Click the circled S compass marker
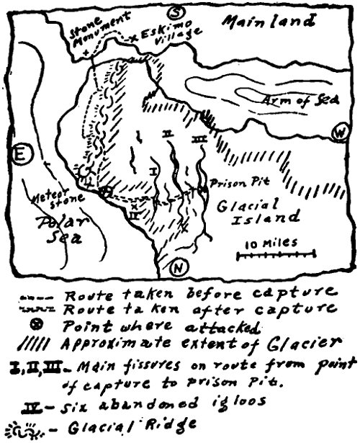point(174,13)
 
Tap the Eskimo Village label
point(159,36)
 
